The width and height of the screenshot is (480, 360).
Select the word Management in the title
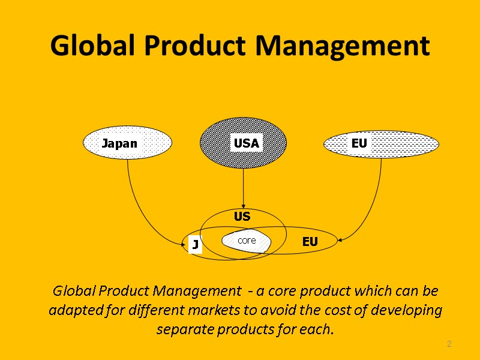pos(340,46)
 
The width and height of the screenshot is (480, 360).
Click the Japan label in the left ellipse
pos(119,143)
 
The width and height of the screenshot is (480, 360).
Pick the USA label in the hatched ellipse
pos(246,143)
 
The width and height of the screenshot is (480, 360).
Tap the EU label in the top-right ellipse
pos(359,143)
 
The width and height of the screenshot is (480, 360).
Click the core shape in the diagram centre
pos(247,241)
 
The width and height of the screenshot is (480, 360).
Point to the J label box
pos(195,245)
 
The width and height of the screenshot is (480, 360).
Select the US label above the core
pos(242,216)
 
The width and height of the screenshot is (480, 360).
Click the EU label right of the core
pos(310,242)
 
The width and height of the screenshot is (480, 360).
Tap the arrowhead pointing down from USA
pos(243,203)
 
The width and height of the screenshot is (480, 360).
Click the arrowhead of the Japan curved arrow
pos(184,244)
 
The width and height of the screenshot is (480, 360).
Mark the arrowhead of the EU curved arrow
pos(340,241)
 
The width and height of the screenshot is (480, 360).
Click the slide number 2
pos(448,344)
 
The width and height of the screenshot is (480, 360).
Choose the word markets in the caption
pos(244,311)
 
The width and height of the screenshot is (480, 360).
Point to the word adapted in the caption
pos(71,311)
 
